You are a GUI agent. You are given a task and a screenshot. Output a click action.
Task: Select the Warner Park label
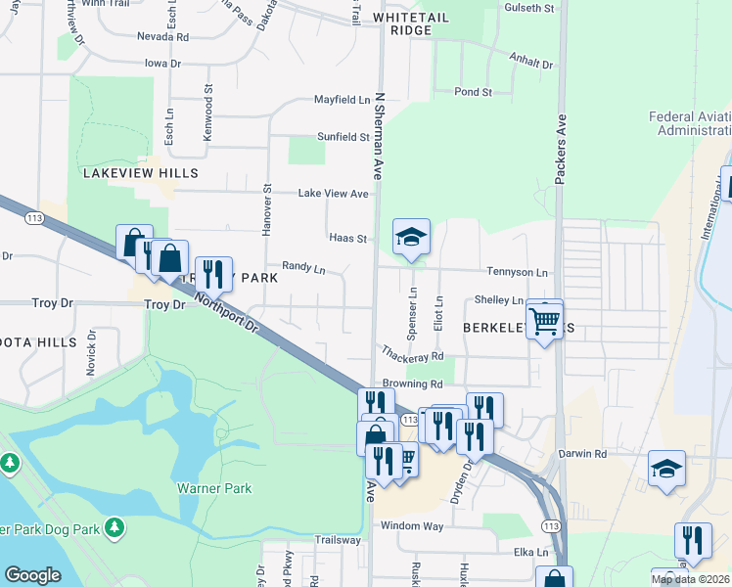(x=214, y=488)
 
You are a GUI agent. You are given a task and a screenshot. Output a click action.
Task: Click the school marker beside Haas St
(x=411, y=236)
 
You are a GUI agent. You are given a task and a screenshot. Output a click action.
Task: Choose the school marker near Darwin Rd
(x=667, y=469)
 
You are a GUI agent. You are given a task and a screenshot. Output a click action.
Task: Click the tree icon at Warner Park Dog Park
(x=115, y=529)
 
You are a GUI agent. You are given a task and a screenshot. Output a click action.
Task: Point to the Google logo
(x=32, y=574)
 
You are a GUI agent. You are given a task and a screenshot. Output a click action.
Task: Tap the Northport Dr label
(x=224, y=312)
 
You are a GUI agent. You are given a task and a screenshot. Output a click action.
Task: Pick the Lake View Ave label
(x=333, y=194)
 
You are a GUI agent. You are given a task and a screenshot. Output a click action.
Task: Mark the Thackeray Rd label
(x=413, y=353)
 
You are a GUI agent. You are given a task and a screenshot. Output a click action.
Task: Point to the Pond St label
(x=472, y=92)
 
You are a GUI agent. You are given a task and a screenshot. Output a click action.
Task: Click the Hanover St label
(x=266, y=208)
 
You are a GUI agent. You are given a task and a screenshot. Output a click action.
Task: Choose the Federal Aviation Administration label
(x=689, y=123)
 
